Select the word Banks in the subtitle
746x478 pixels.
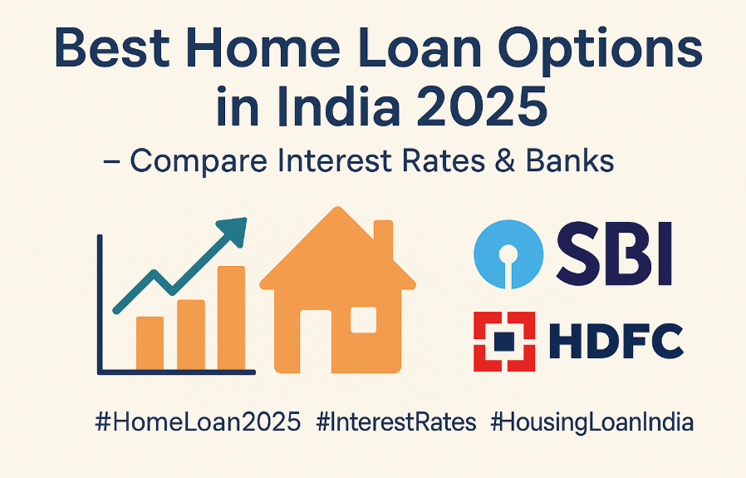(571, 161)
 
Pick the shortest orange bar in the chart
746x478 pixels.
(150, 342)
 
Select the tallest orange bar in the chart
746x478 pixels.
(231, 318)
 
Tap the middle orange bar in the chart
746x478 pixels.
(190, 333)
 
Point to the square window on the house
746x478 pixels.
(363, 319)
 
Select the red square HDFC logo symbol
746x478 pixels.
(504, 340)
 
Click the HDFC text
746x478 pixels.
(616, 341)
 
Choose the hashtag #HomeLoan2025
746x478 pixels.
(199, 422)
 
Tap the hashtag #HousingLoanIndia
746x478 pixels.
(591, 422)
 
